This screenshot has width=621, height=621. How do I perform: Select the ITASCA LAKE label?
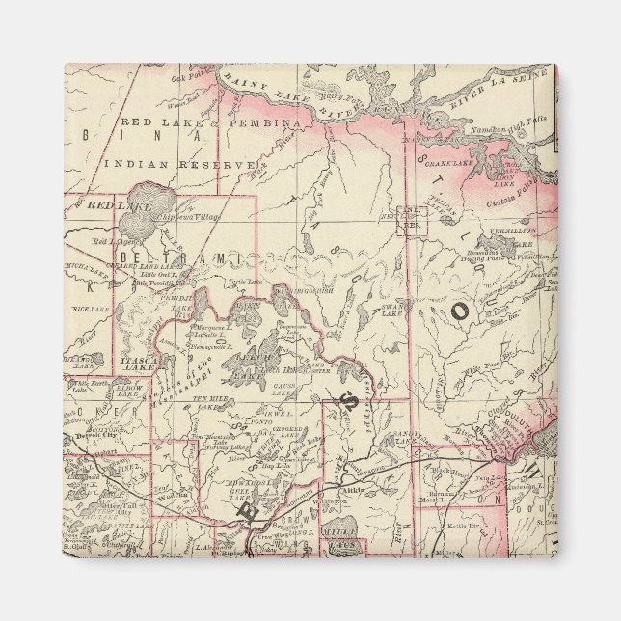135,365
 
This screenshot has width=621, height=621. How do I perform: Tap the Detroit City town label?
95,436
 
